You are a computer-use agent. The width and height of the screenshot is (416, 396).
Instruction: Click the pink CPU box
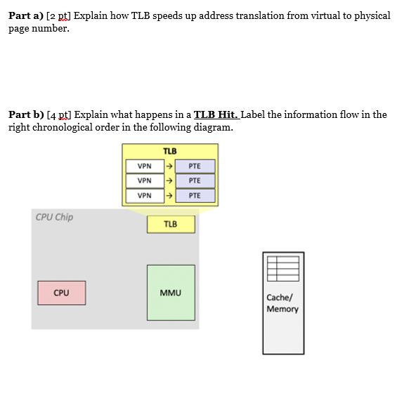[62, 293]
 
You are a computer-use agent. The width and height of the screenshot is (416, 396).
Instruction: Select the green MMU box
[171, 293]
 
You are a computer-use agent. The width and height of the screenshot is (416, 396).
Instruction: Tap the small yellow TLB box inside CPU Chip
[171, 224]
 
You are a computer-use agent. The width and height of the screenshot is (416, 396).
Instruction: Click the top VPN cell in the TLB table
[145, 166]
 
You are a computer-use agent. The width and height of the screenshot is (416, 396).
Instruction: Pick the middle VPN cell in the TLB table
[145, 180]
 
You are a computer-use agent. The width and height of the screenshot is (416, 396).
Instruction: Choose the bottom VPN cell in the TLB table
[145, 196]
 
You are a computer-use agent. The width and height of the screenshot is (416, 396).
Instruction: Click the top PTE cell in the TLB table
[195, 166]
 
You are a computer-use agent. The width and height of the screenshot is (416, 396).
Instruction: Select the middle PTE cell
[195, 180]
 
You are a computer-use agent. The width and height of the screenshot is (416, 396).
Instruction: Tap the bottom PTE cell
[195, 196]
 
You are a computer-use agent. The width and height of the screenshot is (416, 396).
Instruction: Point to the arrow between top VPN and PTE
[169, 166]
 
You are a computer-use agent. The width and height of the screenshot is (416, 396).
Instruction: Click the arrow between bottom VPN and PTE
[169, 196]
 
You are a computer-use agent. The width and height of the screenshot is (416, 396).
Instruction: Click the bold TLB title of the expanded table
[170, 151]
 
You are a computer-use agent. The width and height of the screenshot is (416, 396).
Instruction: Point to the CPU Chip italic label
[54, 217]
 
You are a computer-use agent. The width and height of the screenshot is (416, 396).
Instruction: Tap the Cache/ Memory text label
[282, 303]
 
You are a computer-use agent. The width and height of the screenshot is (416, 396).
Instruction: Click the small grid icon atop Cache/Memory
[283, 269]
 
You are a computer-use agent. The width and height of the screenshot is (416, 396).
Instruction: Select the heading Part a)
[26, 16]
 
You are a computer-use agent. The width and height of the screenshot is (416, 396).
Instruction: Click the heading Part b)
[26, 114]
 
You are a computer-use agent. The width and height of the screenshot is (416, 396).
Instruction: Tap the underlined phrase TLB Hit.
[216, 114]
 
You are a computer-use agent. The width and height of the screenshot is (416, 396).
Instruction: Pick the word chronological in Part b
[63, 128]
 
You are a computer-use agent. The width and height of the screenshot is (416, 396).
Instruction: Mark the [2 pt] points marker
[58, 16]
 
